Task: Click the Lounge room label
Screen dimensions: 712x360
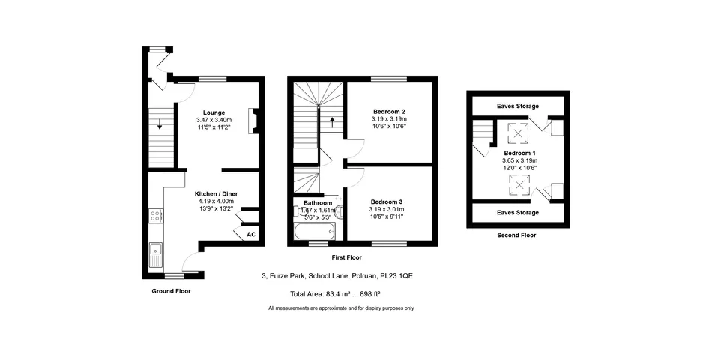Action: (x=214, y=112)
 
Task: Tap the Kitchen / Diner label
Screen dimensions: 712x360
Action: (x=216, y=194)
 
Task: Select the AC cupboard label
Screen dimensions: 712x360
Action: (x=251, y=235)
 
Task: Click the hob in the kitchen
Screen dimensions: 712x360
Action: (x=156, y=216)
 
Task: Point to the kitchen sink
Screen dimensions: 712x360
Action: (x=156, y=255)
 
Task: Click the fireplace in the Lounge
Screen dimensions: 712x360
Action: (x=253, y=121)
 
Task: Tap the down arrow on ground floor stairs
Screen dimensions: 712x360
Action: (x=160, y=124)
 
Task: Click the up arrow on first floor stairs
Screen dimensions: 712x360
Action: (x=332, y=122)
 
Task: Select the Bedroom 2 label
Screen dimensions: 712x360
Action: (x=389, y=112)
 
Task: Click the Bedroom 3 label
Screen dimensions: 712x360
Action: (x=387, y=202)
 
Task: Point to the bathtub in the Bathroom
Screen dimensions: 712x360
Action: (x=315, y=232)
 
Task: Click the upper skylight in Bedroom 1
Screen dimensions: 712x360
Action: (x=518, y=133)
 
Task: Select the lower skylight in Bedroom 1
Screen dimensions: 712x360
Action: (x=518, y=184)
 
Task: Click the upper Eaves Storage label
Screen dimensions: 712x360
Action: (x=518, y=106)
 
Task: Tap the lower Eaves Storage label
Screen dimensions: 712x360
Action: (x=518, y=213)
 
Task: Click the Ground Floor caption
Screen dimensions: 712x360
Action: (x=171, y=291)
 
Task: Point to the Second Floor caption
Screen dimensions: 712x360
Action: (x=516, y=235)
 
